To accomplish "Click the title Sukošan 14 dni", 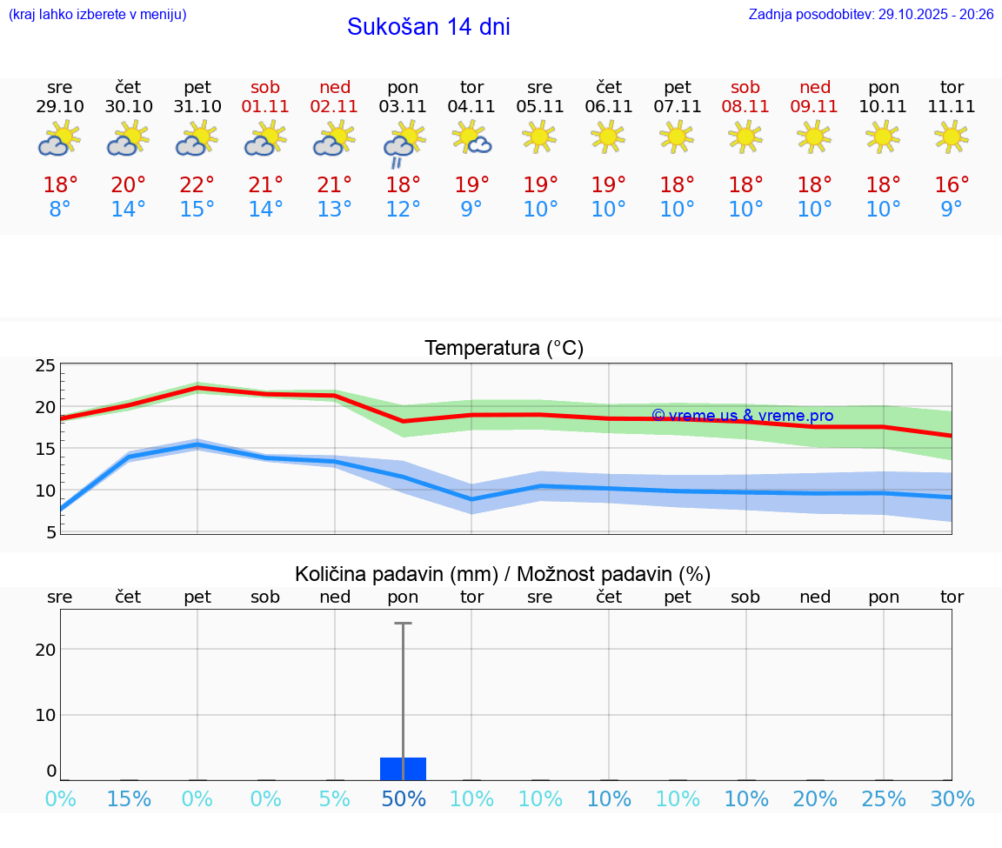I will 428,27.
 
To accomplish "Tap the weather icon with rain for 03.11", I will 403,144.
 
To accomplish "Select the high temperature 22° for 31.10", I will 197,185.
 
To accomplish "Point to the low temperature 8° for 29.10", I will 60,210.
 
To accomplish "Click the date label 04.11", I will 471,107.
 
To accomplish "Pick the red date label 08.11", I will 745,107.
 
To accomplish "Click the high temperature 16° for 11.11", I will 952,185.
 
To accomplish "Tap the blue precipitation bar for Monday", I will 403,769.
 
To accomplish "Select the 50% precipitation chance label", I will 403,798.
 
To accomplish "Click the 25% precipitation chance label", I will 884,798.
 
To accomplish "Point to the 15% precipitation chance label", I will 129,798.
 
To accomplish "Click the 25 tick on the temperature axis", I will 45,365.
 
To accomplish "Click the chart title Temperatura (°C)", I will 504,349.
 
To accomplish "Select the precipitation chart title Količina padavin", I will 503,574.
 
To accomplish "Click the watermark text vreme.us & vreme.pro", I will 742,416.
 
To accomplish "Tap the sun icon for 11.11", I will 952,137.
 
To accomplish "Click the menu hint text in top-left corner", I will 97,15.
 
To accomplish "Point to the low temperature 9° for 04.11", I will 471,210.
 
